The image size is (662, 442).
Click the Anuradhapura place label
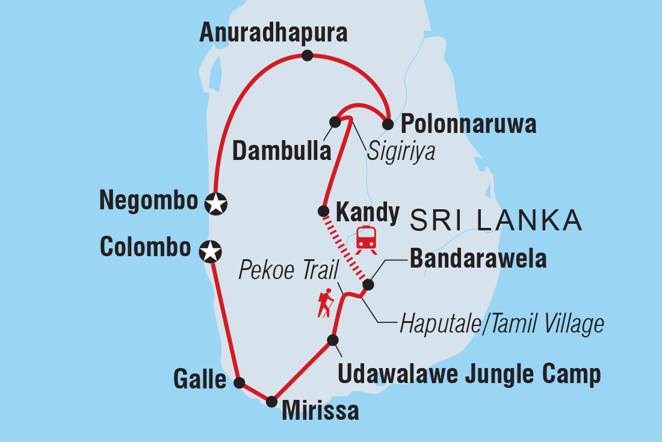tap(273, 33)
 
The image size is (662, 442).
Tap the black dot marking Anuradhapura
tap(308, 56)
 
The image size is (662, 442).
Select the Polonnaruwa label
tap(468, 125)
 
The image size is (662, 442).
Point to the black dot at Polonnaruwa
tap(388, 124)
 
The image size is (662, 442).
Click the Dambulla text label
tap(282, 152)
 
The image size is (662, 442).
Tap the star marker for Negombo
tap(216, 204)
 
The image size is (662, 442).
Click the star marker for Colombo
tap(209, 251)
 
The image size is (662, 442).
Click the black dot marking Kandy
tap(323, 211)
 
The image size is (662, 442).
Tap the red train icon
tap(367, 239)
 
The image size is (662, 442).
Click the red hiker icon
tap(326, 303)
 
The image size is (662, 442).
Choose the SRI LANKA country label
tap(495, 220)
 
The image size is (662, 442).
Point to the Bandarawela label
tap(478, 259)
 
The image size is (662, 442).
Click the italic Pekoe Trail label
tap(289, 271)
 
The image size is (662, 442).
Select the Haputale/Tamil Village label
tap(501, 324)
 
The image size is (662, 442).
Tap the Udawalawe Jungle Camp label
tap(469, 373)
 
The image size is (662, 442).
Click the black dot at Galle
tap(239, 382)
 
